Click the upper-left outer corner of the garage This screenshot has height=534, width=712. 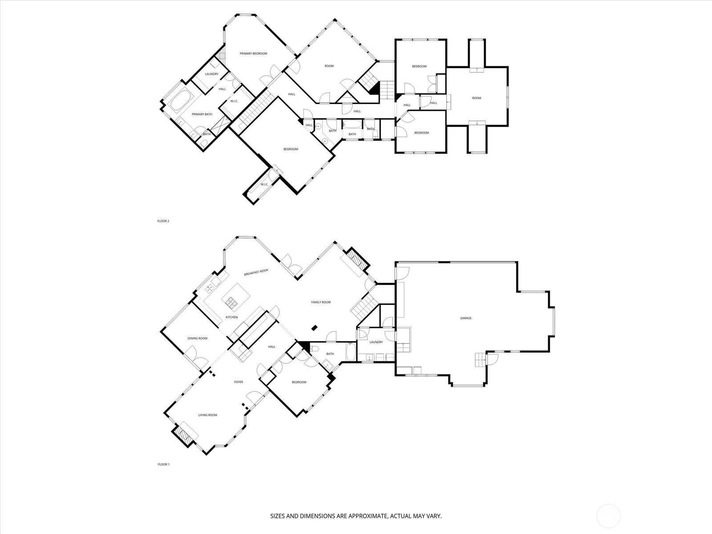395,262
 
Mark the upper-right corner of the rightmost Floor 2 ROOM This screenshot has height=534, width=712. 508,67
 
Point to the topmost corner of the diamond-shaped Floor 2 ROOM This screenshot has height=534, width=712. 335,20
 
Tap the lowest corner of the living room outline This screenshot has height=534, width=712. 206,454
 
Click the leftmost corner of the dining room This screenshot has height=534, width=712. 161,332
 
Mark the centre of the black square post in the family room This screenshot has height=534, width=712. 314,328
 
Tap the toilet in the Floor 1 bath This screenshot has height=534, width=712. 314,349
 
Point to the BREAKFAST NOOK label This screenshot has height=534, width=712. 256,272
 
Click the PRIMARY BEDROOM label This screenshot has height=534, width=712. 253,53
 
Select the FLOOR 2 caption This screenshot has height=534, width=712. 163,221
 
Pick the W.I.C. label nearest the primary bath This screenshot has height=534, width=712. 234,101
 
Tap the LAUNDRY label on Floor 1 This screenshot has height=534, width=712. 376,342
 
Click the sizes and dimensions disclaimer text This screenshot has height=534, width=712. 356,516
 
